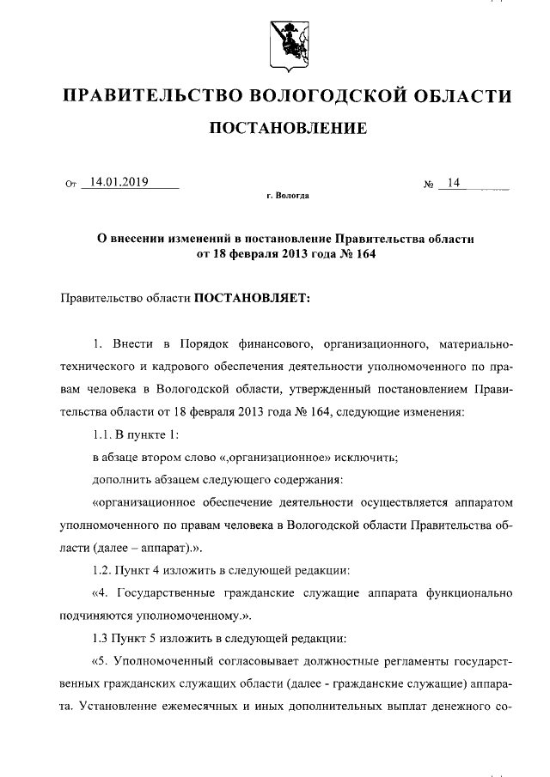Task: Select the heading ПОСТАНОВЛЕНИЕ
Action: pos(288,130)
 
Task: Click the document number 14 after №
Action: pos(454,182)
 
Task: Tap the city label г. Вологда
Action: pos(288,196)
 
